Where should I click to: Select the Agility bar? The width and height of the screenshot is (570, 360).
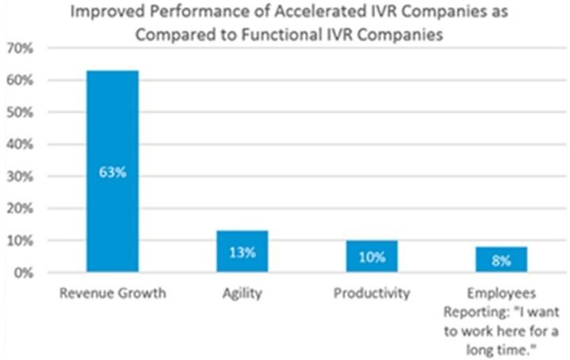(x=243, y=251)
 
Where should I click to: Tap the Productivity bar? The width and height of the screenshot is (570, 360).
(x=371, y=256)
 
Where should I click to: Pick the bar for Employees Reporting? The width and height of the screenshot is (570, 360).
(x=501, y=259)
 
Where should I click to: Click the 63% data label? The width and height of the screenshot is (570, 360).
(x=113, y=172)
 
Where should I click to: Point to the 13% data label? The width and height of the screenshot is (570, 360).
(x=243, y=253)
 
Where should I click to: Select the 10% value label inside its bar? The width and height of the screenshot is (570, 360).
(x=371, y=257)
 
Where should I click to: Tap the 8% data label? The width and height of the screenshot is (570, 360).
(x=501, y=259)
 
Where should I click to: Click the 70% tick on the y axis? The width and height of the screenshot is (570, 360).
(x=19, y=48)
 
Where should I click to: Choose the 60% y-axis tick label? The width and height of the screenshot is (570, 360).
(x=19, y=81)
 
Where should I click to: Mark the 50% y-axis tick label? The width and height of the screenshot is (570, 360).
(x=19, y=113)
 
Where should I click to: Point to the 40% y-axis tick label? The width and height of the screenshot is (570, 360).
(x=19, y=144)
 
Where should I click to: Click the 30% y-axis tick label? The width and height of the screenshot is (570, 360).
(x=19, y=177)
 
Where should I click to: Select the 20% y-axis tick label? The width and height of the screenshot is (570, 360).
(x=19, y=209)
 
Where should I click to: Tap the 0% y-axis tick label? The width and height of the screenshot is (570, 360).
(x=22, y=273)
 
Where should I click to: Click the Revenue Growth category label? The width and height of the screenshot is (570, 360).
(x=113, y=294)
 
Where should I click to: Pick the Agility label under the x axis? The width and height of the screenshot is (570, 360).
(x=243, y=294)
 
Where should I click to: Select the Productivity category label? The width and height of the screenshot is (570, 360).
(x=371, y=294)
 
